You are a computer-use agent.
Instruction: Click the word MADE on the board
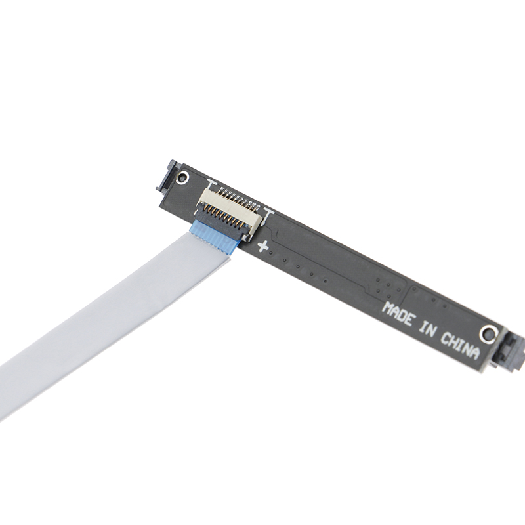pos(398,314)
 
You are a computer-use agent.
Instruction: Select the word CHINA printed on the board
pos(460,346)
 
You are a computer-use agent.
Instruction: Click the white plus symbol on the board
pos(263,246)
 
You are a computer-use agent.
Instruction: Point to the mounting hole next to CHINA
pos(488,334)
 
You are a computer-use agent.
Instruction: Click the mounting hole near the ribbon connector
pos(182,177)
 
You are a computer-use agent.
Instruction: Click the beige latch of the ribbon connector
pos(231,207)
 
